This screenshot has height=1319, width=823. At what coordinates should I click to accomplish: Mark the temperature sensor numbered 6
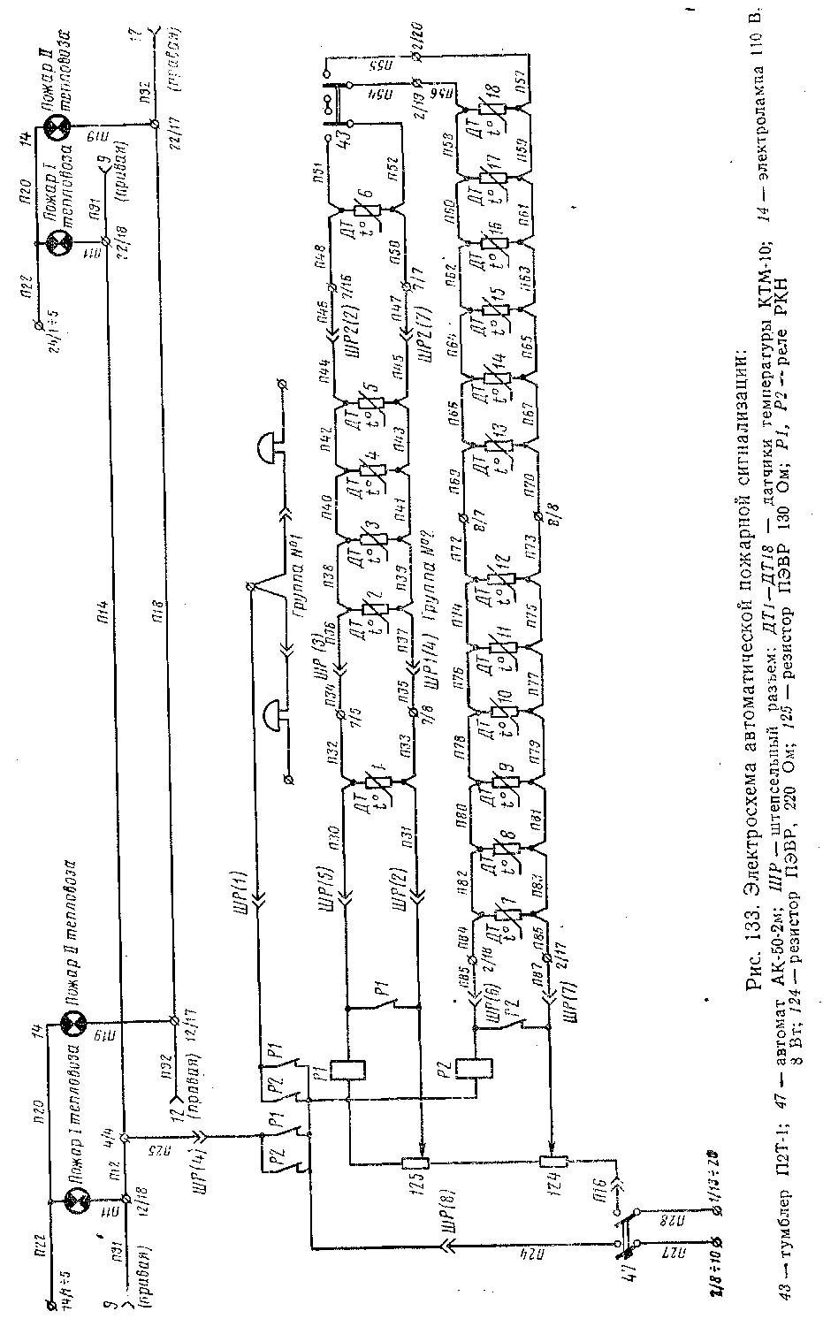click(366, 212)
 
